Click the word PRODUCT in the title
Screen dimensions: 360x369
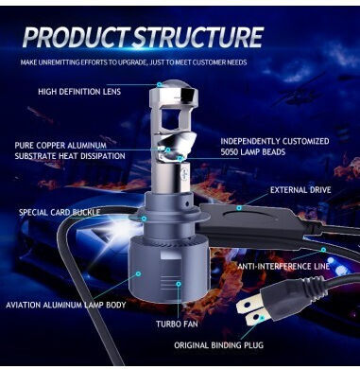[77, 37]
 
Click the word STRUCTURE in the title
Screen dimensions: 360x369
[198, 37]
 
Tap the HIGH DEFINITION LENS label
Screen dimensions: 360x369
[79, 92]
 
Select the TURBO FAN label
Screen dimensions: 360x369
[177, 324]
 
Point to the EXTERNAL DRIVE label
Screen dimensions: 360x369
[300, 190]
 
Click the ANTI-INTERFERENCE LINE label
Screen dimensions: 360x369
[283, 266]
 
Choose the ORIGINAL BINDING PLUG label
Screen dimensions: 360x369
[219, 345]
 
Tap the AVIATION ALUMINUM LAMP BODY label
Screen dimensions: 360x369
[66, 305]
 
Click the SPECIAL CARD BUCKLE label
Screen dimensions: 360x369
[60, 212]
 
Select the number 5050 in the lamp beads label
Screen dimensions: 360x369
[231, 152]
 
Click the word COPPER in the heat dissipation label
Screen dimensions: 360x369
[51, 146]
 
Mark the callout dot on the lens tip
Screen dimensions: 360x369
[160, 84]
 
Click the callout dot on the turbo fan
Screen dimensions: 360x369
[179, 284]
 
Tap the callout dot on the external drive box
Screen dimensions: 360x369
[239, 208]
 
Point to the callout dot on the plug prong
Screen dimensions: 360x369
[262, 318]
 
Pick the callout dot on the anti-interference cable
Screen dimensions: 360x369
[323, 250]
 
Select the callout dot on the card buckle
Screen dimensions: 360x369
[144, 219]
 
